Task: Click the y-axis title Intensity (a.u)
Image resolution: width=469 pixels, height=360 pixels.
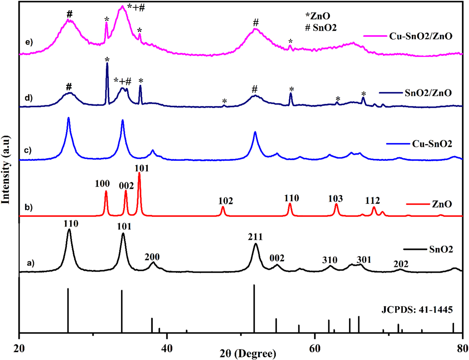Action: coord(6,170)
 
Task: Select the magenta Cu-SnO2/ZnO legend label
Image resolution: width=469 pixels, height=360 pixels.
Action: coord(420,36)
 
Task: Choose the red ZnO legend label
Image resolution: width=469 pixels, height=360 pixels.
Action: coord(442,204)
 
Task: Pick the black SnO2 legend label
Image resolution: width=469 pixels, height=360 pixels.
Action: coord(441,249)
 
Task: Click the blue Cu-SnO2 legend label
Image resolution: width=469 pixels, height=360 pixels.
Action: coord(432,144)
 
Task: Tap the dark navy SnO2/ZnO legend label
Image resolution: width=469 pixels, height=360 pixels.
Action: coord(428,93)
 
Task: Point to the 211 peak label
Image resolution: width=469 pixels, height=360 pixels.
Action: coord(256,237)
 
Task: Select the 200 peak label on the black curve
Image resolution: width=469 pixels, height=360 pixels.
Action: coord(152,257)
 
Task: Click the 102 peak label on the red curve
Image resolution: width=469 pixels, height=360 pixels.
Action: coord(226,201)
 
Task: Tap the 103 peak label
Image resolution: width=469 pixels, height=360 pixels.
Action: coord(335,198)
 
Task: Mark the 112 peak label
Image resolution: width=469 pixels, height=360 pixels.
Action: coord(372,201)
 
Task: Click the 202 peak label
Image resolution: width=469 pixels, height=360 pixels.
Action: coord(401,264)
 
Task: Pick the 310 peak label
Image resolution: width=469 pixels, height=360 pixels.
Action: coord(330,260)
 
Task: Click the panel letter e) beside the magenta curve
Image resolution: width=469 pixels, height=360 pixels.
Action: coord(29,42)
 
